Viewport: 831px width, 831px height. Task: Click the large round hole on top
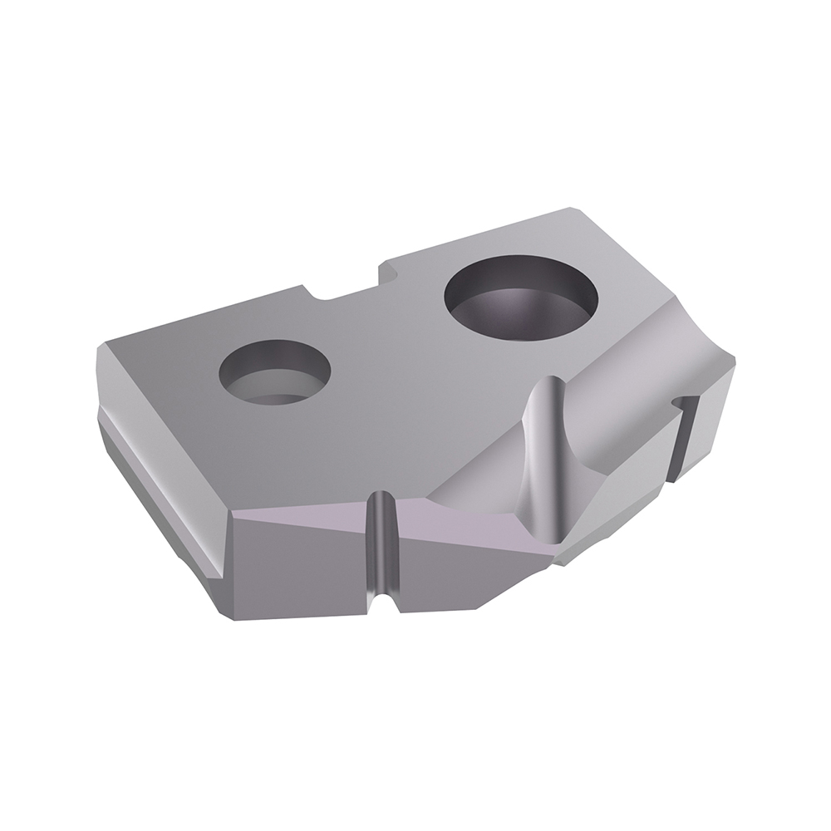[x=521, y=297]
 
